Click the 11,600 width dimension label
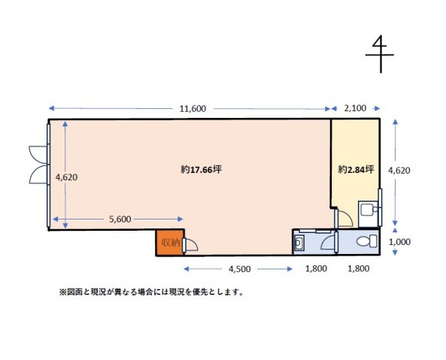coord(193,108)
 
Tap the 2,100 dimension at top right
coord(355,108)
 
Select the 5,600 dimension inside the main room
coord(120,219)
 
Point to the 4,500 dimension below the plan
coord(239,269)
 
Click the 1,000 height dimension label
coord(399,242)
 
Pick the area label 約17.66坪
coord(201,170)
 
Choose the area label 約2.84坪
coord(356,170)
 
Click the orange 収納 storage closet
coord(170,243)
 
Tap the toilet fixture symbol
coord(367,241)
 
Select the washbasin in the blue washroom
coord(299,243)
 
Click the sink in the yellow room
coord(369,210)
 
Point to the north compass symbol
coord(380,54)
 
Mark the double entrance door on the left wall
coord(38,165)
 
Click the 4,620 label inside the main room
coord(66,177)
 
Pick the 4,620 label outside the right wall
coord(399,171)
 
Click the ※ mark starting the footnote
coord(62,292)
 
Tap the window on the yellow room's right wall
coord(380,207)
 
